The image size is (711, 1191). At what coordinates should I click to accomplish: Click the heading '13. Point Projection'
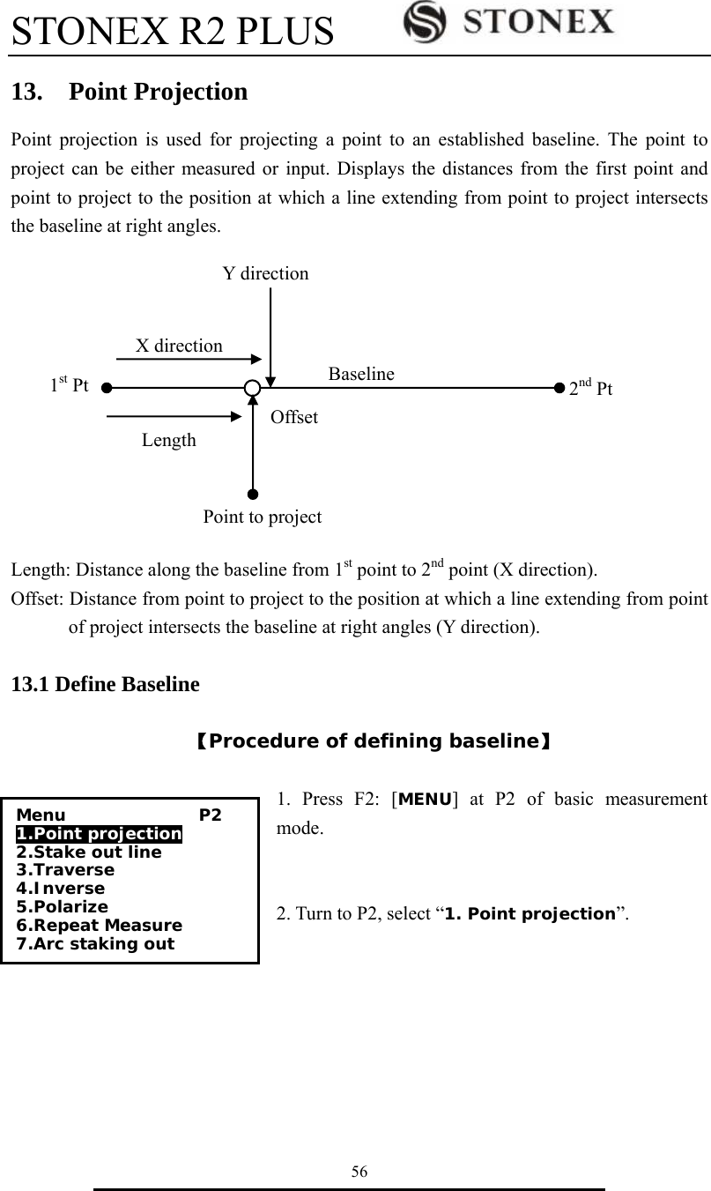point(130,92)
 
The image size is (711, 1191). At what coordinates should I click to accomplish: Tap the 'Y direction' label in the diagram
point(265,273)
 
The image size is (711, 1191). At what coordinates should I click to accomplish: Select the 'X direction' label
point(179,346)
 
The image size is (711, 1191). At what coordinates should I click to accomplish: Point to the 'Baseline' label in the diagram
point(361,374)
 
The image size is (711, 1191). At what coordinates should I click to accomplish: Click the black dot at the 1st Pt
point(106,386)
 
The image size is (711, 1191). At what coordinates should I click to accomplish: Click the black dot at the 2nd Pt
point(559,386)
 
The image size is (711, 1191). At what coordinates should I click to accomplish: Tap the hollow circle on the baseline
point(253,387)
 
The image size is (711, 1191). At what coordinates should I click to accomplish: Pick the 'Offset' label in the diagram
point(294,417)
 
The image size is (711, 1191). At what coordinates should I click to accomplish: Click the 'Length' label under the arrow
point(169,439)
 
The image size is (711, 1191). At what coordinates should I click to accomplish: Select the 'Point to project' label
point(263,517)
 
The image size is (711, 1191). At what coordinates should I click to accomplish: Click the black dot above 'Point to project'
point(253,495)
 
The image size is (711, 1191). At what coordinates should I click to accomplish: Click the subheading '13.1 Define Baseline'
point(105,684)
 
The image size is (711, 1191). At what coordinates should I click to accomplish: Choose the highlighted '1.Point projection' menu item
point(99,834)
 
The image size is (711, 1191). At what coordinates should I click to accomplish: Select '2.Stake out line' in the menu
point(89,852)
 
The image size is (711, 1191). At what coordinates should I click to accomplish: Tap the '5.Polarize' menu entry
point(63,907)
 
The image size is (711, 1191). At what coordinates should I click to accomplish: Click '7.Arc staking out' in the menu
point(95,944)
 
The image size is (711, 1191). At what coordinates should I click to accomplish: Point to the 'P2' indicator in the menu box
point(210,815)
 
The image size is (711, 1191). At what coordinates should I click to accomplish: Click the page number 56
point(359,1172)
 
